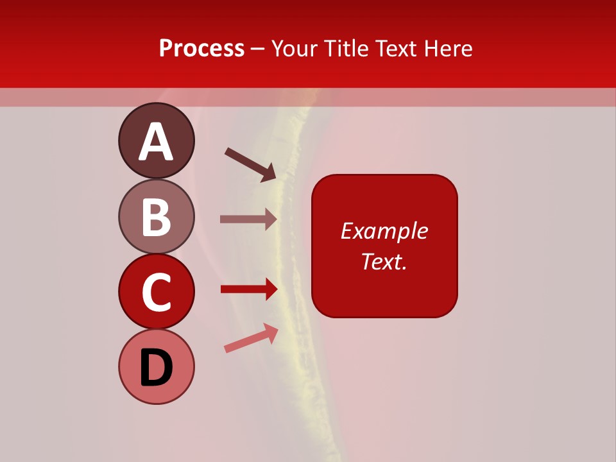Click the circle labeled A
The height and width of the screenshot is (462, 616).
(x=156, y=141)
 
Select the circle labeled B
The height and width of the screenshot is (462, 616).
(x=156, y=216)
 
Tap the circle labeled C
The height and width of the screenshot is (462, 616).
(x=156, y=291)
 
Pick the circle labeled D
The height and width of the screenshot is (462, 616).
(x=156, y=366)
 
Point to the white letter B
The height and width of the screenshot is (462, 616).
(x=156, y=217)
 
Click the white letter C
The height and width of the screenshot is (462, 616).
(x=156, y=292)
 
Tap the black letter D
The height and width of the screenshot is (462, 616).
(x=156, y=368)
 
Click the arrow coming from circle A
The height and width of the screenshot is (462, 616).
(x=251, y=164)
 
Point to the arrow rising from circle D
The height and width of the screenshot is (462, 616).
(x=251, y=338)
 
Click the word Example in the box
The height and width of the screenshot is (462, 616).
(x=384, y=231)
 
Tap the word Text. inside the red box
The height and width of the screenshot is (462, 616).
(x=384, y=261)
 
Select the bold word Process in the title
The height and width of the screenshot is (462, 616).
(x=201, y=48)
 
